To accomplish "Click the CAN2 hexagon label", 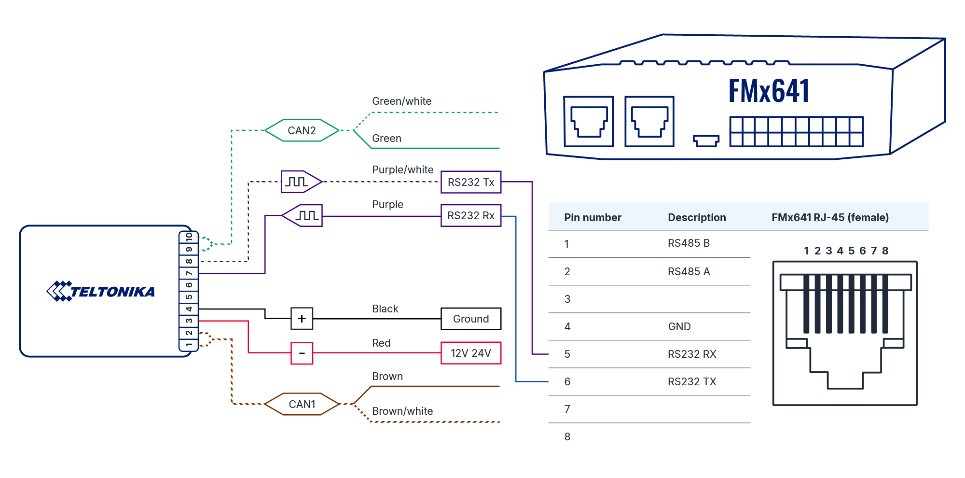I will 302,130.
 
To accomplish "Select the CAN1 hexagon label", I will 302,404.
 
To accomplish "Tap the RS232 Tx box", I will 471,182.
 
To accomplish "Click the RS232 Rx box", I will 471,215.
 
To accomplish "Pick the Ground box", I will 471,319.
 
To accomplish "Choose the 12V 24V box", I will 471,353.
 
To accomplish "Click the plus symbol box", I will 302,319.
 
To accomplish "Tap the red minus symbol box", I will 302,353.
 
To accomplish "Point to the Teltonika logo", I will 101,291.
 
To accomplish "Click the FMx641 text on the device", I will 769,91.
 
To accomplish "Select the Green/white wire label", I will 401,101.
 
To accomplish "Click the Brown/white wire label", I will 402,411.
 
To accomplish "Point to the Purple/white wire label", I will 402,170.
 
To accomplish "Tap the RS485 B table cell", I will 689,243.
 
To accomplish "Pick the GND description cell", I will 679,327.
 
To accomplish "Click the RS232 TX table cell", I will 692,382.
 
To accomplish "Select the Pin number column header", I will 593,217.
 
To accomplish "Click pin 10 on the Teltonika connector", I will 189,237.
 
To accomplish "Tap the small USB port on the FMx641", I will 706,140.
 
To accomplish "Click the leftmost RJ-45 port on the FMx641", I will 589,121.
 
